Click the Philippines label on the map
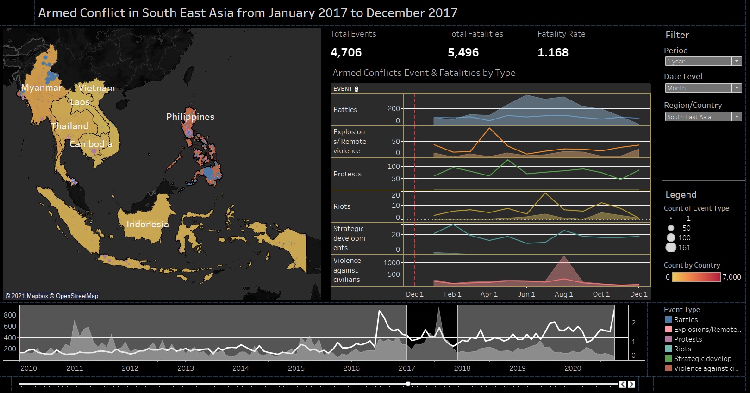(x=190, y=117)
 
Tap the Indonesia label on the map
(x=147, y=224)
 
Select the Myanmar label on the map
(x=42, y=87)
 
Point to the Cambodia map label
(x=91, y=144)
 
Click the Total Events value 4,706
(x=346, y=52)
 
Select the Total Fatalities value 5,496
(x=463, y=52)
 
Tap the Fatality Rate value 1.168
(x=553, y=52)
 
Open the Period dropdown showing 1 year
(x=703, y=61)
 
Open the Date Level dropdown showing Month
(x=703, y=88)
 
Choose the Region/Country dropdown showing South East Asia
(x=703, y=117)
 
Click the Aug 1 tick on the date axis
(x=563, y=294)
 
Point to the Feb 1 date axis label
(x=452, y=294)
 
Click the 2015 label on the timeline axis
(x=296, y=368)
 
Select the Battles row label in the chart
(x=345, y=110)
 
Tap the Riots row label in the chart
(x=342, y=206)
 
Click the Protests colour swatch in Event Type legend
(x=669, y=339)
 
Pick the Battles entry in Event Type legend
(x=686, y=320)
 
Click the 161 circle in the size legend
(x=671, y=247)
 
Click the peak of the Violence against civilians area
(x=563, y=256)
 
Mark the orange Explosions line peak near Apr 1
(x=489, y=128)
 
